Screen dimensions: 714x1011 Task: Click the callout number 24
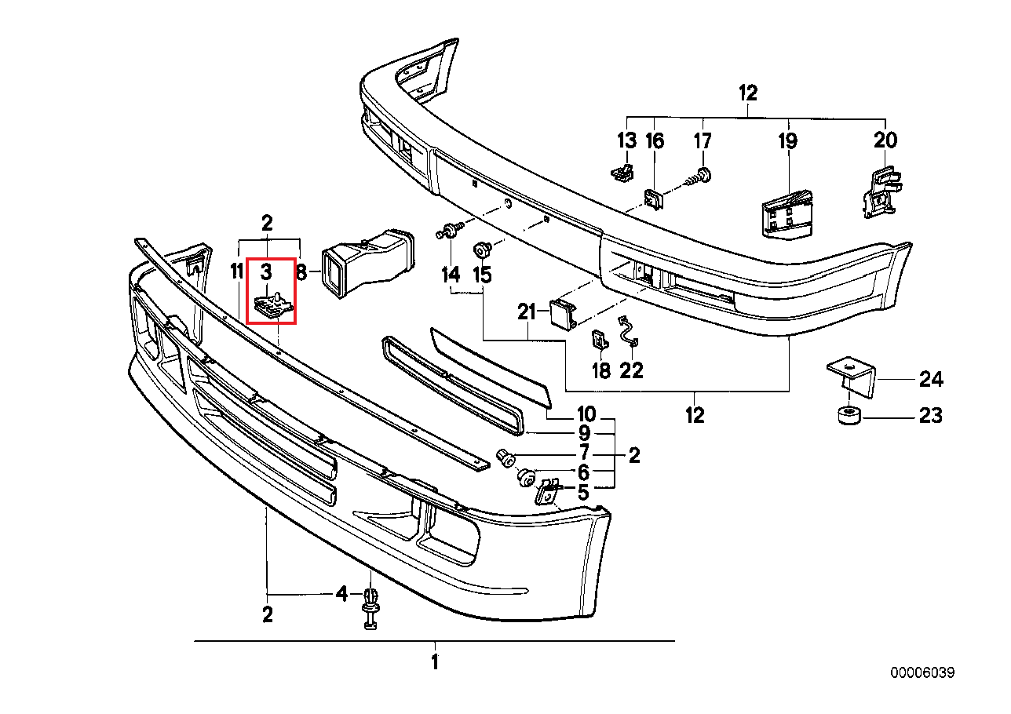pos(930,380)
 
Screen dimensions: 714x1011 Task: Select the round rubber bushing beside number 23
pos(848,416)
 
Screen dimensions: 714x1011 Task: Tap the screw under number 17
pos(699,177)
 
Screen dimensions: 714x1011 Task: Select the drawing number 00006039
pos(922,672)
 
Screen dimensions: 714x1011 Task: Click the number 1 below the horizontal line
pos(434,662)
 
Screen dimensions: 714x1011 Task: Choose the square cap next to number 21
pos(563,313)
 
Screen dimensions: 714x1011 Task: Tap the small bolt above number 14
pos(450,231)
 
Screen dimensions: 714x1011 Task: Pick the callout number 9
pos(585,432)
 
